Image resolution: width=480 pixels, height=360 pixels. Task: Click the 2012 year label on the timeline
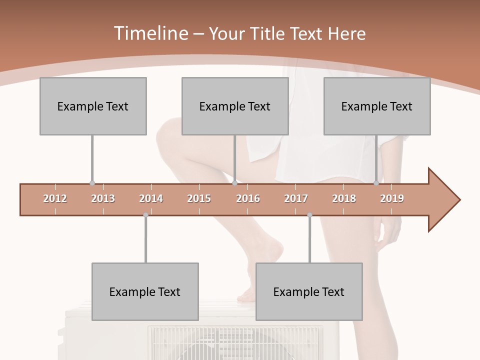[x=55, y=198]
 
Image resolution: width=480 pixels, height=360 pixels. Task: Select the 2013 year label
[x=103, y=198]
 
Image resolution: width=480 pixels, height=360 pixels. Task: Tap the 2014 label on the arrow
[x=151, y=198]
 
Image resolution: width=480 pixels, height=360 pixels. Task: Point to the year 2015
[x=199, y=198]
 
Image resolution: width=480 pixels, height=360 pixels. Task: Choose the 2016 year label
[x=248, y=198]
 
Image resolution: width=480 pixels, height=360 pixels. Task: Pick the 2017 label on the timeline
[x=296, y=198]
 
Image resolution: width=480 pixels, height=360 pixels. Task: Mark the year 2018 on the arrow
[x=344, y=198]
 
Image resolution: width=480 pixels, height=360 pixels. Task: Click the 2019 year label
[x=392, y=198]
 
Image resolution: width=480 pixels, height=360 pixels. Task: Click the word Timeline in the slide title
[x=150, y=33]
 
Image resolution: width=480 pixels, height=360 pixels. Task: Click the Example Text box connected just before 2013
[x=93, y=106]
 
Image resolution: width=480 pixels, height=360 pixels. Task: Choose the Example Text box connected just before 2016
[x=235, y=106]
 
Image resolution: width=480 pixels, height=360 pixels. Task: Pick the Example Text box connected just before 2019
[x=377, y=106]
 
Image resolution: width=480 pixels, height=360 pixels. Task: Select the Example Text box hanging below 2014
[x=145, y=291]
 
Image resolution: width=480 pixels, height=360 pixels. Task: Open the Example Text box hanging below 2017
[x=309, y=291]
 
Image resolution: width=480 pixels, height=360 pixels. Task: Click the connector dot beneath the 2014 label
[x=145, y=215]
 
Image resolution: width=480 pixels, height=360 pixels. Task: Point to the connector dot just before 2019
[x=376, y=183]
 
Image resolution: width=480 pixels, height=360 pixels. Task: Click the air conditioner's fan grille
[x=235, y=345]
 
